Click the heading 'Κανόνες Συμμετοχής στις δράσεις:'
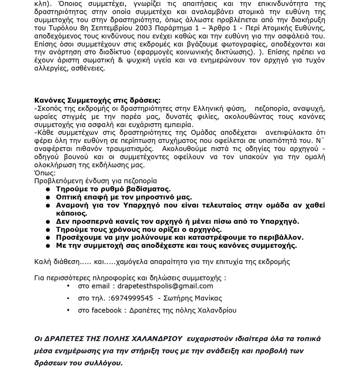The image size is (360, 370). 97,101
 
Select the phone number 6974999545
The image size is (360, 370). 132,298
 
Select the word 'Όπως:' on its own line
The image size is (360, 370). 45,173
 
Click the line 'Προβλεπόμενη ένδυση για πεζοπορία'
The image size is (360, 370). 96,181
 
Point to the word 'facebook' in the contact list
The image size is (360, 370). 106,310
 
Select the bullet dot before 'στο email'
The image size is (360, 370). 68,286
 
